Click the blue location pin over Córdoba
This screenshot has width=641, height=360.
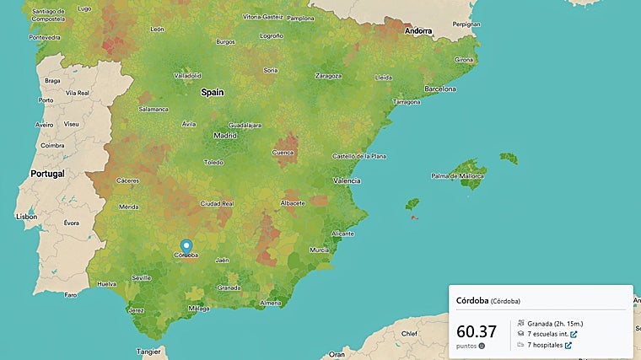[x=186, y=246]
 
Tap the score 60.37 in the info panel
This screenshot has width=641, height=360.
[x=477, y=331]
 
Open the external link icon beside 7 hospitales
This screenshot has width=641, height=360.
[x=568, y=345]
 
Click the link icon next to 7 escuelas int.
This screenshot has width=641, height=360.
[x=574, y=334]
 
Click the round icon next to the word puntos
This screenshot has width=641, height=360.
[x=482, y=346]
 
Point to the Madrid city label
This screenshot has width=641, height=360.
[x=225, y=135]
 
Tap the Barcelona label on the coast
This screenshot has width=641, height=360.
[x=439, y=89]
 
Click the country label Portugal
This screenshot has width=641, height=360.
[x=48, y=173]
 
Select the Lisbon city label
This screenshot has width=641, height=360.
[x=26, y=217]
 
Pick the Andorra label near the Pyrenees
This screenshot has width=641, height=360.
[x=417, y=31]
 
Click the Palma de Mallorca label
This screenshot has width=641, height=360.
[x=459, y=176]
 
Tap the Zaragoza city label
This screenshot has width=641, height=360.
[x=328, y=75]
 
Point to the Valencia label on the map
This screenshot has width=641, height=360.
[x=347, y=180]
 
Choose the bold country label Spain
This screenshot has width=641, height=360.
[x=212, y=93]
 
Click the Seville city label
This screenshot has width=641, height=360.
[x=141, y=277]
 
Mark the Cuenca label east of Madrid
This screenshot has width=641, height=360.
[x=283, y=153]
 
